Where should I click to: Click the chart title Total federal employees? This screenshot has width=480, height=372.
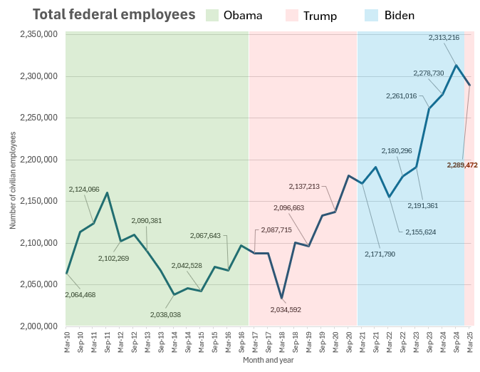[114, 14]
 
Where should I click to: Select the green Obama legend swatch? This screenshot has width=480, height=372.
[212, 15]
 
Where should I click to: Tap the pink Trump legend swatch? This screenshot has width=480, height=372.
[292, 15]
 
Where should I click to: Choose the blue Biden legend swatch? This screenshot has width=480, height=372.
[372, 15]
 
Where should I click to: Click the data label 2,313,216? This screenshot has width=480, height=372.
[444, 37]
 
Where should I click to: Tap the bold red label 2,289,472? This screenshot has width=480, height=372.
[462, 165]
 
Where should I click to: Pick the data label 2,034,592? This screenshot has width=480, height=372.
[286, 309]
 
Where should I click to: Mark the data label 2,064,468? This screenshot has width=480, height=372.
[80, 294]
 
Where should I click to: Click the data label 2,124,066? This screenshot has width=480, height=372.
[84, 189]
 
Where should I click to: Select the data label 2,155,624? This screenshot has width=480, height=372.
[420, 232]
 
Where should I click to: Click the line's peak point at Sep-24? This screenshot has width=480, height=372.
[456, 66]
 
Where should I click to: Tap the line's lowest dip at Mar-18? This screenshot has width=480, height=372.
[282, 298]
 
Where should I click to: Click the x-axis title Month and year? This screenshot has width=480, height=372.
[268, 360]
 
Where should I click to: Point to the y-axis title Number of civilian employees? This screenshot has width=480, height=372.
[13, 180]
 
